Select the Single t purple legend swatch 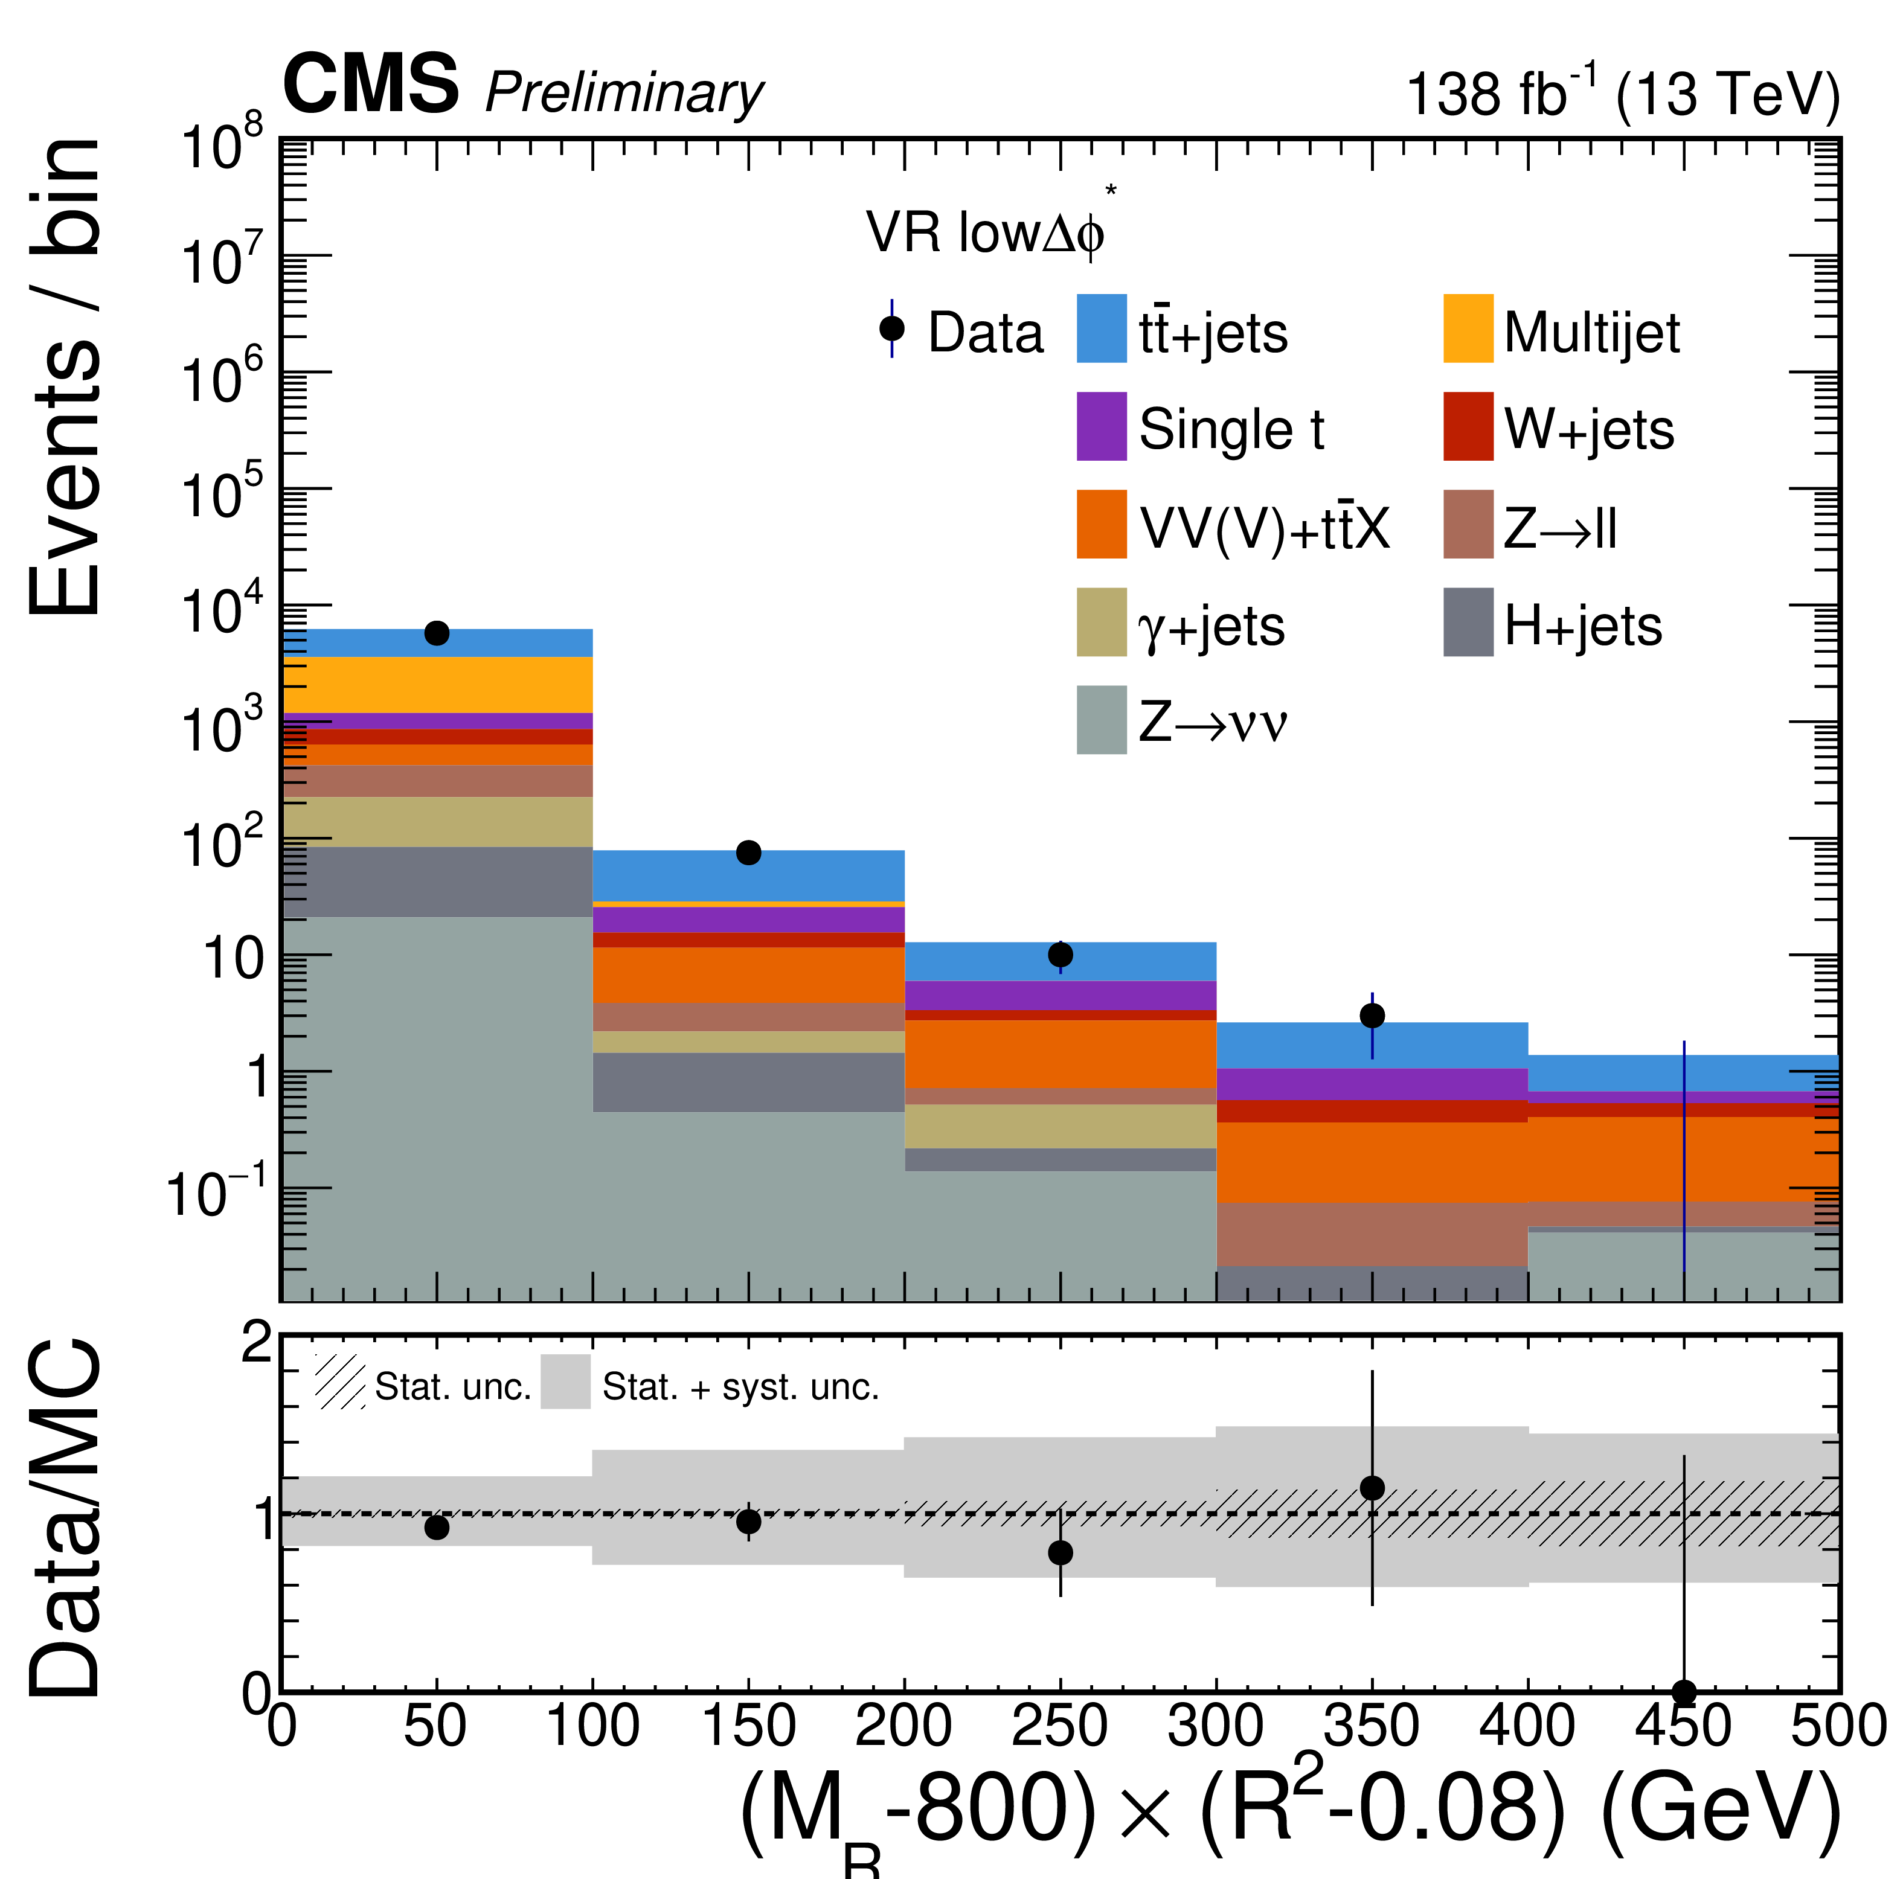click(1101, 426)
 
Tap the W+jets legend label click(1588, 429)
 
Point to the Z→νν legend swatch click(1101, 720)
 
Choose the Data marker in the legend click(891, 329)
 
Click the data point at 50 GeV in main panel click(437, 633)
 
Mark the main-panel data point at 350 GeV click(1372, 1016)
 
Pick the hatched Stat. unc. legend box click(340, 1381)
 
